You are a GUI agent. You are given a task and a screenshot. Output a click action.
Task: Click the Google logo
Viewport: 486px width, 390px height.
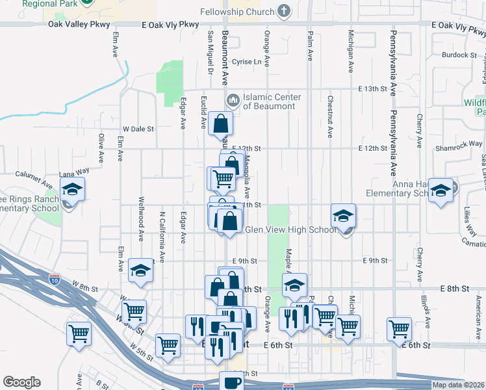pyautogui.click(x=21, y=382)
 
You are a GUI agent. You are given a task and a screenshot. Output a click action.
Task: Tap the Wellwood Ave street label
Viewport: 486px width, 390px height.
pyautogui.click(x=140, y=213)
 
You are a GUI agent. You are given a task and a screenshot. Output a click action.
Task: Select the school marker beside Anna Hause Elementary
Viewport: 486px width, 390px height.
pyautogui.click(x=441, y=190)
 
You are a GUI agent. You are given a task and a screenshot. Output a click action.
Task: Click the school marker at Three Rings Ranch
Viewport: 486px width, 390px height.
pyautogui.click(x=72, y=190)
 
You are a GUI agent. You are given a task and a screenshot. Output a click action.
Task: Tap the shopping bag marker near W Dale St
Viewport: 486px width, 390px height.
pyautogui.click(x=221, y=123)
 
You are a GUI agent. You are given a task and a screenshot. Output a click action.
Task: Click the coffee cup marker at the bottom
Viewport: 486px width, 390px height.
pyautogui.click(x=231, y=381)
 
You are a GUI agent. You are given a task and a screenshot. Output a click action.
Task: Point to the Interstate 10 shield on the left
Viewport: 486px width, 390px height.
pyautogui.click(x=55, y=280)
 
